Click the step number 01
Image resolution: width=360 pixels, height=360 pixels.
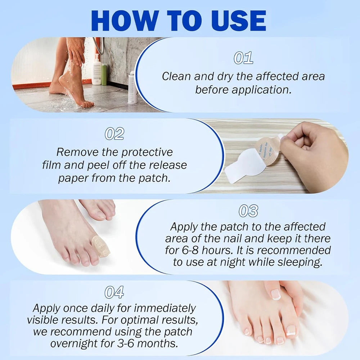(x=243, y=58)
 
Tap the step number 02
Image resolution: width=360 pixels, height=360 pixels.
(x=114, y=134)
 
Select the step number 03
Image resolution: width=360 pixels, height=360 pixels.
(x=248, y=211)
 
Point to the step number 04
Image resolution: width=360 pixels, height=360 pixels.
(x=114, y=292)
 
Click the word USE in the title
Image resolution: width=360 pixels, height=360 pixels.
(x=230, y=21)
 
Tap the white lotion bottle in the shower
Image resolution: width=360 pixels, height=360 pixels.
(x=96, y=70)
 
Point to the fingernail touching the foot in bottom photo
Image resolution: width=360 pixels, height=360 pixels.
(x=275, y=294)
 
